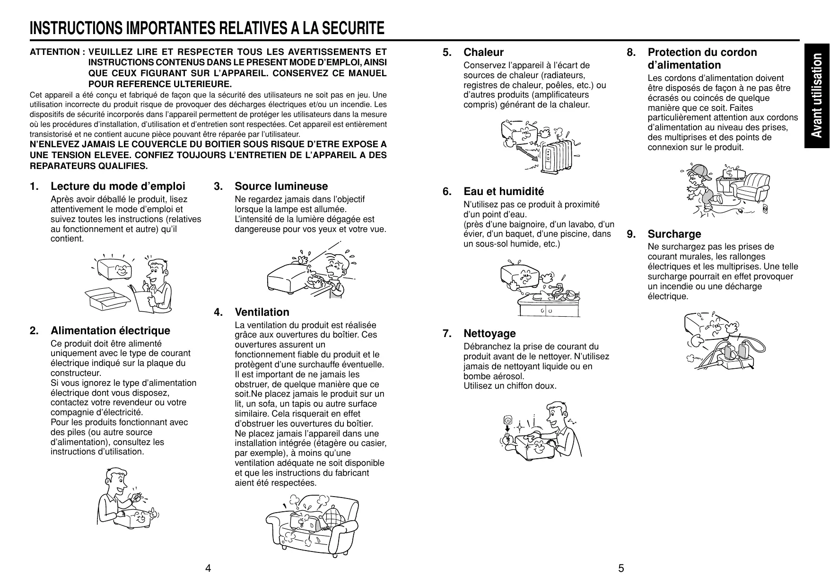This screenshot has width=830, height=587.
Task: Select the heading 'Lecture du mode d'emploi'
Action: [118, 187]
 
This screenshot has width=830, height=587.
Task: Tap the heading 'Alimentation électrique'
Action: [110, 330]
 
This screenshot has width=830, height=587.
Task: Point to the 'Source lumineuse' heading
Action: [281, 187]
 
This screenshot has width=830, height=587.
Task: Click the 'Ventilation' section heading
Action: [262, 312]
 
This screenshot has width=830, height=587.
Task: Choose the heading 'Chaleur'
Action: [483, 53]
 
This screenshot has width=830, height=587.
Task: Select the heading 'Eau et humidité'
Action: [504, 192]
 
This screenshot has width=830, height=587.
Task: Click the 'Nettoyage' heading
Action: [489, 334]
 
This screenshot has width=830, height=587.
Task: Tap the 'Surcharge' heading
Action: [674, 234]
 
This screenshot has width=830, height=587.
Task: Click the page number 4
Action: [208, 568]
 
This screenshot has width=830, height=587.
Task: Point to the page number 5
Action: [621, 568]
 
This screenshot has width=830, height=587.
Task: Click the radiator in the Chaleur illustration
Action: [559, 155]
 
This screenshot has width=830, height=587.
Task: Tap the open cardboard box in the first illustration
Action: [108, 300]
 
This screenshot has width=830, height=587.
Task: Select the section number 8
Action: [631, 53]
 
